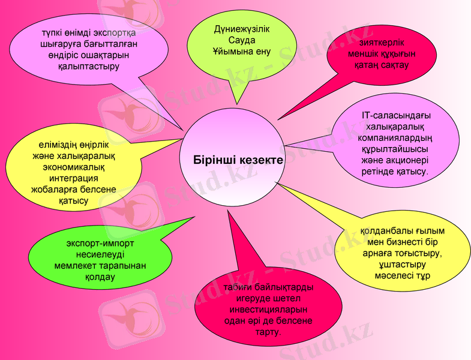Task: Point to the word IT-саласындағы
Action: click(x=397, y=115)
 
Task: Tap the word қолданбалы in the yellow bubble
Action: click(x=384, y=230)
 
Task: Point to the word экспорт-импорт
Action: click(x=100, y=244)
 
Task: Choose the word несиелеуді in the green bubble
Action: click(x=100, y=254)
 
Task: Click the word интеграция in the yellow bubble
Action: click(x=74, y=178)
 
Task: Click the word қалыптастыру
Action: click(x=89, y=66)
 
